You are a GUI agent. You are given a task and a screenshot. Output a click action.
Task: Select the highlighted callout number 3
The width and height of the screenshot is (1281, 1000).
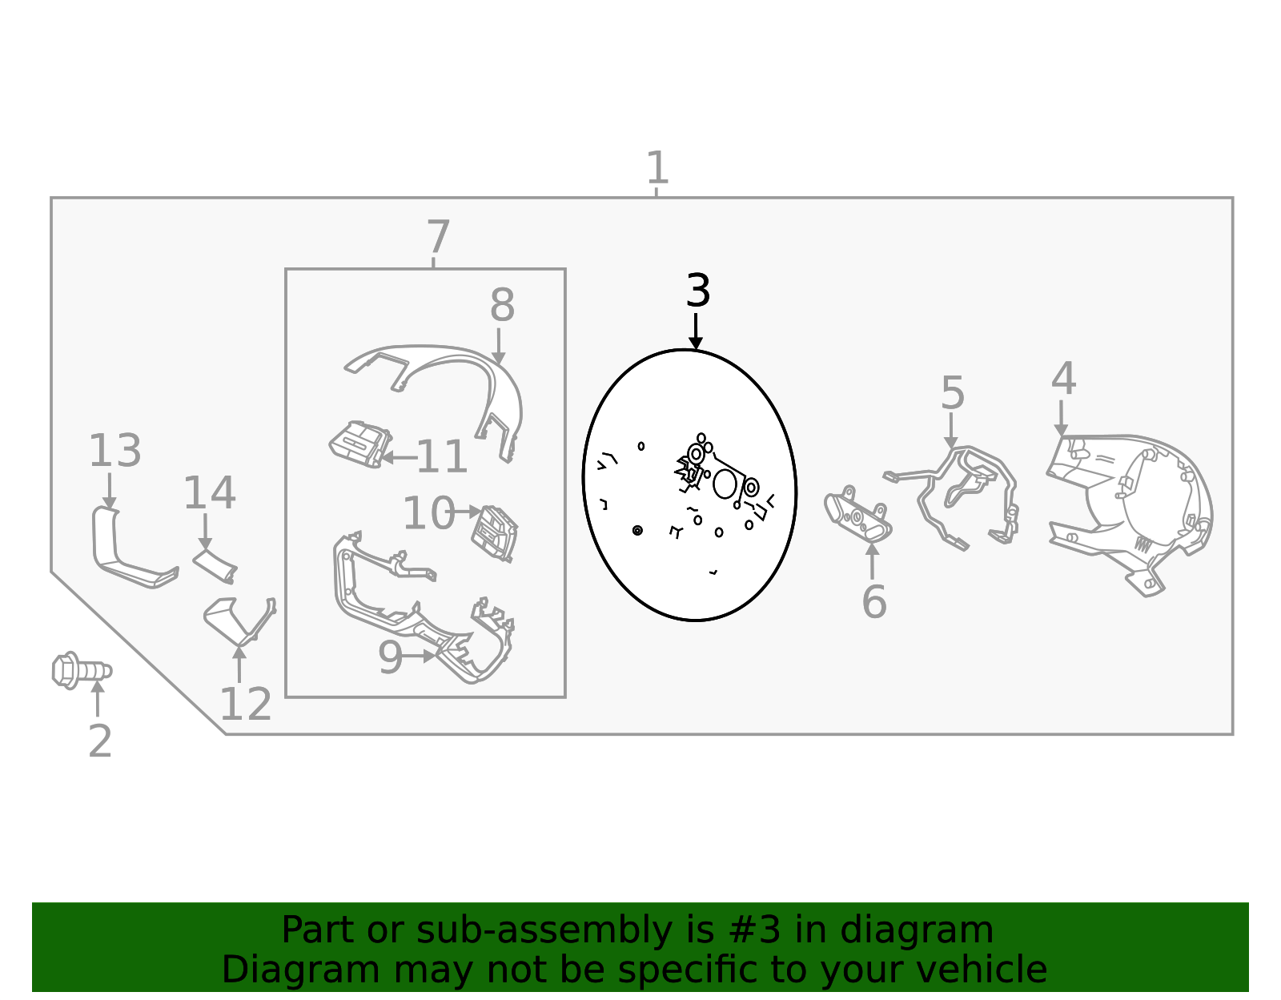click(x=698, y=291)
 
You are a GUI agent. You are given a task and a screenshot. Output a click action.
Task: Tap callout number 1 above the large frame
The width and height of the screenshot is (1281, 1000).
click(x=657, y=168)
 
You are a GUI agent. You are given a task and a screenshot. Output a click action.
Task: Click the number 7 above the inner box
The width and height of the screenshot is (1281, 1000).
click(x=438, y=237)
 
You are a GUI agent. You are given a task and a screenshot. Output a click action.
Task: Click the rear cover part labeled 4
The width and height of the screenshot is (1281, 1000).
click(x=1129, y=512)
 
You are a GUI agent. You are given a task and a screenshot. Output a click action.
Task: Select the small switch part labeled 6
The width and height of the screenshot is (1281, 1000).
click(x=857, y=516)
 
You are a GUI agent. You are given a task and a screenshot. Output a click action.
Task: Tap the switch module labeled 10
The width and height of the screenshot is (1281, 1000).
click(x=494, y=533)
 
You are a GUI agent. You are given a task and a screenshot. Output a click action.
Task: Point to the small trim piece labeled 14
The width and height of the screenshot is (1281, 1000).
click(x=215, y=566)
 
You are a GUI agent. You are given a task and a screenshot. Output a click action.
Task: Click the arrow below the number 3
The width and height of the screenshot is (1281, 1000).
click(x=696, y=331)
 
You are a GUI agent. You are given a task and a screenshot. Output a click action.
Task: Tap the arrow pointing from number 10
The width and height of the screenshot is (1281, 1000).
click(x=467, y=512)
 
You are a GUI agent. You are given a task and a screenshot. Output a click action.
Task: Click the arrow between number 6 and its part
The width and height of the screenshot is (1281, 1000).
click(x=872, y=561)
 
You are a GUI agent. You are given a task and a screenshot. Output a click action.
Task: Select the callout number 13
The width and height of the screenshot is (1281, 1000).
click(x=115, y=452)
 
